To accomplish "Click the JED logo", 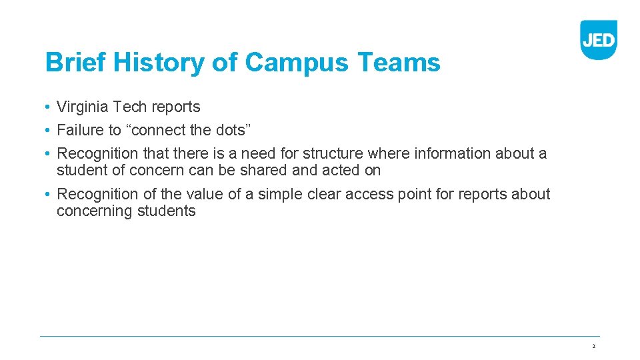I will coord(598,39).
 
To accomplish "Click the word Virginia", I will coord(82,107).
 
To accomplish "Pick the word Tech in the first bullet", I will coord(127,107).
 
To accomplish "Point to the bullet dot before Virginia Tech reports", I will coord(49,107).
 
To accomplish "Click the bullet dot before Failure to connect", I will coord(49,131).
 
